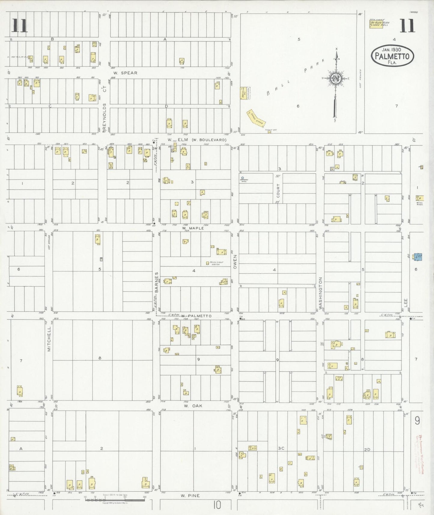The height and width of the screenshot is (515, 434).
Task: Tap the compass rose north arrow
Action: pyautogui.click(x=336, y=79)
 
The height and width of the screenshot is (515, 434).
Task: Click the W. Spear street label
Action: pyautogui.click(x=125, y=73)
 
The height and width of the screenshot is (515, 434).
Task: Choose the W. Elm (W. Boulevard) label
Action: pyautogui.click(x=197, y=140)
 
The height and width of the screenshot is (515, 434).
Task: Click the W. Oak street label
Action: pyautogui.click(x=193, y=406)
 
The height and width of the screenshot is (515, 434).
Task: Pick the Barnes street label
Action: pyautogui.click(x=156, y=282)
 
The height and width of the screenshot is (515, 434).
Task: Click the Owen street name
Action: pyautogui.click(x=235, y=262)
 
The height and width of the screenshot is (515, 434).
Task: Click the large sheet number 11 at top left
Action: pyautogui.click(x=20, y=26)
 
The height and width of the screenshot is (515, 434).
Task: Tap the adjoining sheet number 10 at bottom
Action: pyautogui.click(x=217, y=505)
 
